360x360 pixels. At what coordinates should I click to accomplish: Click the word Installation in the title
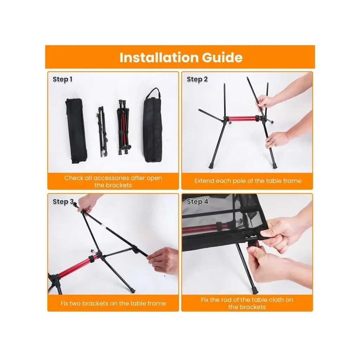(159, 57)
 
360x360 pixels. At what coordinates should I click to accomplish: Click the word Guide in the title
(222, 57)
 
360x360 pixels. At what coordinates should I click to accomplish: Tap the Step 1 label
(63, 79)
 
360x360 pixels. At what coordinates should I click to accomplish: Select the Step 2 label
(197, 79)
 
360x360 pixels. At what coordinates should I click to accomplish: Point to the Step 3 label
(63, 201)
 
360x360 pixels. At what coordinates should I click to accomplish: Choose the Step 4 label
(197, 201)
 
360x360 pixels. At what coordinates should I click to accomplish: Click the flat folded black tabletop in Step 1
(76, 131)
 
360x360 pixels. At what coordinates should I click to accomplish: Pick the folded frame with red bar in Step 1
(123, 127)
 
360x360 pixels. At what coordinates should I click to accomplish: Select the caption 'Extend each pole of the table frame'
(248, 181)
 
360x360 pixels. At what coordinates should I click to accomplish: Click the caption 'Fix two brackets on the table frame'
(113, 303)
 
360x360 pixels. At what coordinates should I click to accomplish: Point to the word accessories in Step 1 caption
(111, 178)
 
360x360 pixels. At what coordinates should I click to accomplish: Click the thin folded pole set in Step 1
(102, 131)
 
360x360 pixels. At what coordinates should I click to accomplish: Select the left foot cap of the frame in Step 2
(211, 165)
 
